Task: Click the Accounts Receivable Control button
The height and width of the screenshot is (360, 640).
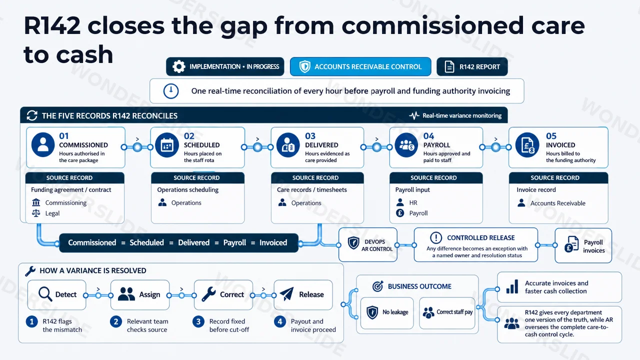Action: pos(360,66)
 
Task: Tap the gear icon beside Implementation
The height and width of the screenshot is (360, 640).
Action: pos(179,66)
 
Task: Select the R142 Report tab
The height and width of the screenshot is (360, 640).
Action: pos(472,66)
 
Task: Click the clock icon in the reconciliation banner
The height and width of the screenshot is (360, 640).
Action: pos(171,91)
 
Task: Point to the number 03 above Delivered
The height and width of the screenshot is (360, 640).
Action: pos(310,135)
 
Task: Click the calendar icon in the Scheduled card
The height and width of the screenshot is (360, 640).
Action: pos(167,145)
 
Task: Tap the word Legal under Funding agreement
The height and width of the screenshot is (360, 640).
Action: pos(52,213)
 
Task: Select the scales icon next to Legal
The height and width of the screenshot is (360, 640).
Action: pos(36,213)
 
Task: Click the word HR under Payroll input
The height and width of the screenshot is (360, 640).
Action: pos(413,202)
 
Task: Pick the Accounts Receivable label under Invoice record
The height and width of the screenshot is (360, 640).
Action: pos(557,203)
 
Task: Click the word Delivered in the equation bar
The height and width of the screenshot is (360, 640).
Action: pos(193,242)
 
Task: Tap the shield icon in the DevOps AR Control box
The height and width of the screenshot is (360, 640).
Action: pos(353,243)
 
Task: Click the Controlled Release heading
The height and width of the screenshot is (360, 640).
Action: pos(481,237)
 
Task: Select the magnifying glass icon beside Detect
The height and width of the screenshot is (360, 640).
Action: pos(45,294)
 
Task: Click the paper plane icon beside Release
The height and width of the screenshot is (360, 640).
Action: pos(287,294)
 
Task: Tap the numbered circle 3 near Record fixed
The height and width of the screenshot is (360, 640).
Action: pos(198,321)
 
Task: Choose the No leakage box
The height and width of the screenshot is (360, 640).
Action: pos(387,313)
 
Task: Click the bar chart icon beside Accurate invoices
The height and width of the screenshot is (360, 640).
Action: pos(512,286)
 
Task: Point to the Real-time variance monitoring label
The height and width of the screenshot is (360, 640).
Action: pos(462,115)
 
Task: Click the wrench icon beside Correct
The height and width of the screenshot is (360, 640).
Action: pos(208,294)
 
